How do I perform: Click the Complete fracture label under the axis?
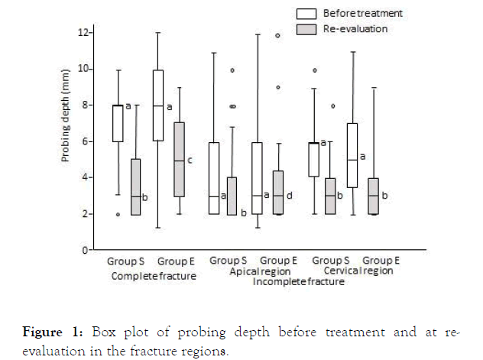pos(154,275)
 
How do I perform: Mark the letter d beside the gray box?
pos(287,196)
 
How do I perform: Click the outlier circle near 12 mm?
pos(277,35)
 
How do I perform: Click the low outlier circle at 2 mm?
pos(118,215)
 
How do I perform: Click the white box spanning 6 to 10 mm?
pos(157,105)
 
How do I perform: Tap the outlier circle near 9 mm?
pos(277,87)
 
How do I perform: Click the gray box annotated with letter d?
pos(277,193)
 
